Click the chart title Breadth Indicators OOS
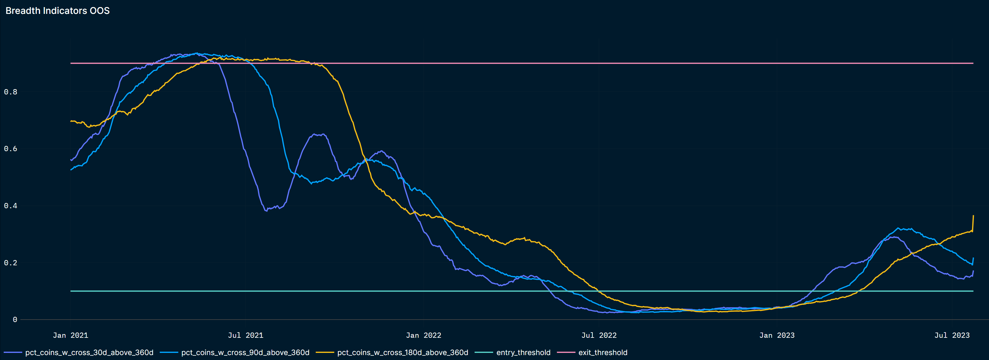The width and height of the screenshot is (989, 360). (58, 11)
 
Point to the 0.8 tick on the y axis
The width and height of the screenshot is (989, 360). (10, 92)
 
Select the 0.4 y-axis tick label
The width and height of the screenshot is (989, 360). (10, 206)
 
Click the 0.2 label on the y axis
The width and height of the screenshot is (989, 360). (10, 263)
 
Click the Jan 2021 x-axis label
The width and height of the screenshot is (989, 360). (70, 335)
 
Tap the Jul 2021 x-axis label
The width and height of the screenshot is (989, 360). (245, 335)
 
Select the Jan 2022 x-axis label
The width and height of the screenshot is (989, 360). (423, 335)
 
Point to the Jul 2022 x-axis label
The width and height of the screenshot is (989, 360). (599, 335)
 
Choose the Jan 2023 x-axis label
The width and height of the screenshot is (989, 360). (777, 335)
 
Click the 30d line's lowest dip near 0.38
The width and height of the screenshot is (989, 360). (266, 211)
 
